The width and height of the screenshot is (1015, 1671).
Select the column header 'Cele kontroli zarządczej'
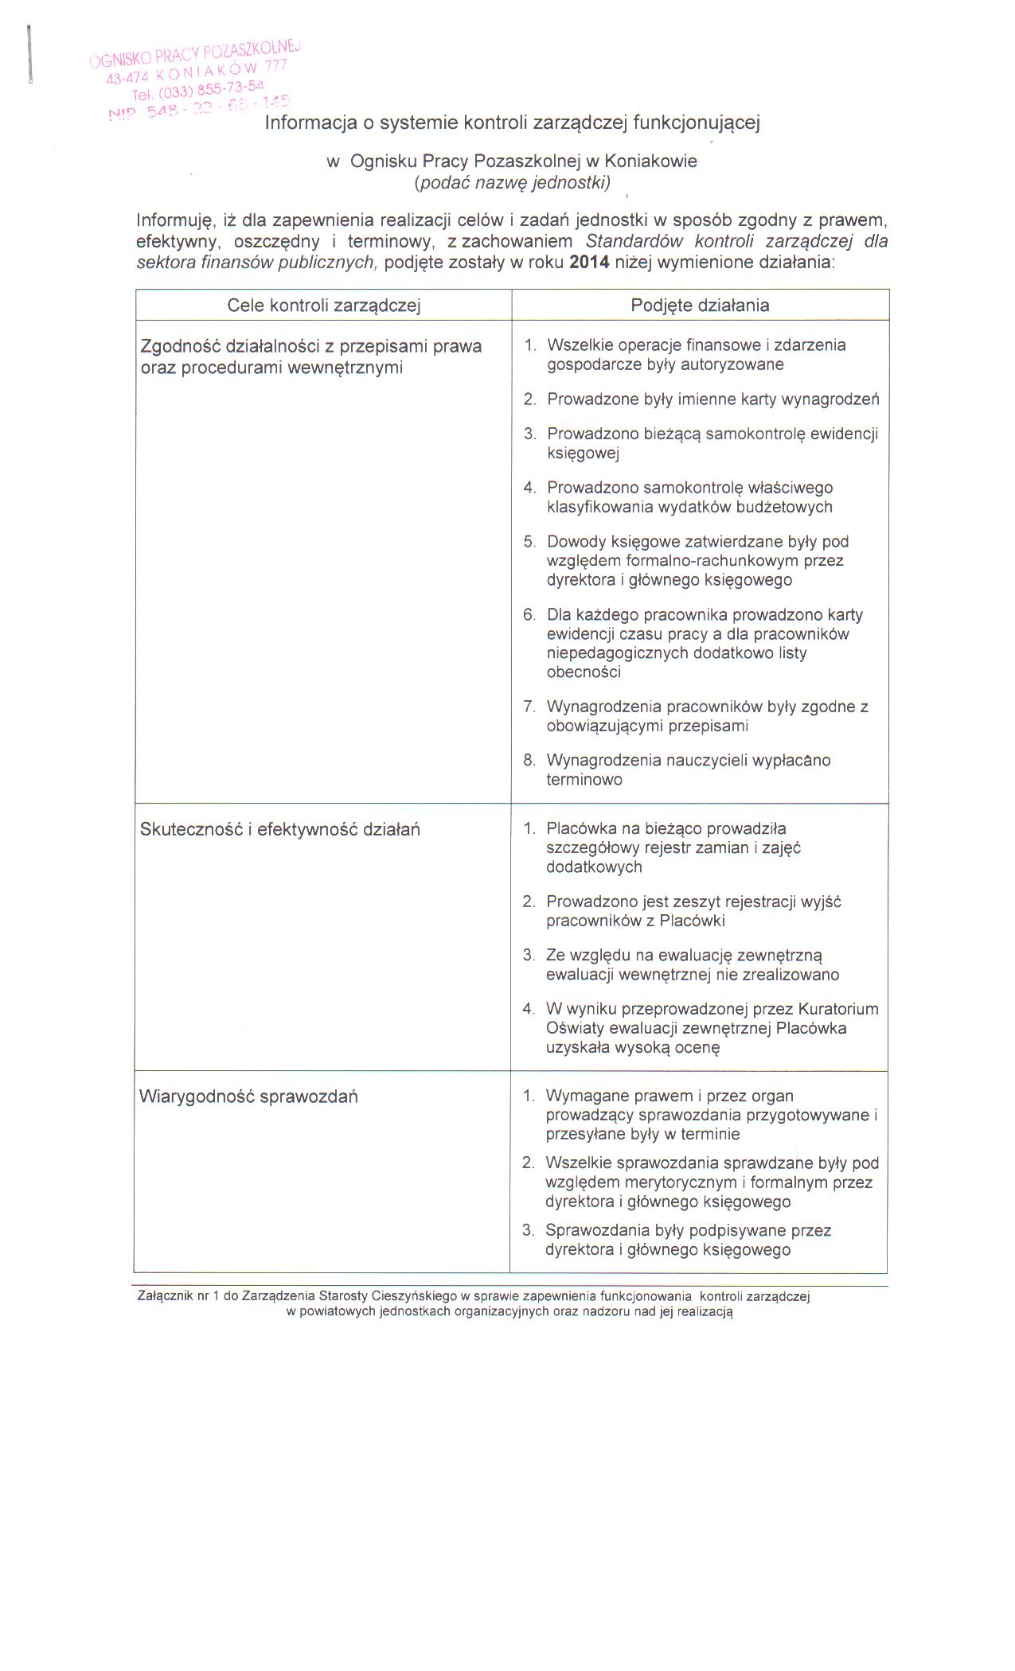[324, 306]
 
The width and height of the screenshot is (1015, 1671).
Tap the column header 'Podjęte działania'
[700, 306]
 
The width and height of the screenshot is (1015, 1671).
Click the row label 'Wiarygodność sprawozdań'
[248, 1096]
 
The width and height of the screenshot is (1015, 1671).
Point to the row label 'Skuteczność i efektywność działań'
[280, 829]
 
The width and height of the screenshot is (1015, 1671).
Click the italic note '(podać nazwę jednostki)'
[513, 182]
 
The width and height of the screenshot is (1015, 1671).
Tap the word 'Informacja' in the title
[306, 123]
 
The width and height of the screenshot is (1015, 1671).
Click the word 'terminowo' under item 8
[584, 780]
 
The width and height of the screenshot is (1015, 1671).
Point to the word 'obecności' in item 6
[584, 672]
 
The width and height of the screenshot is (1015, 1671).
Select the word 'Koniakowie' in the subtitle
[650, 161]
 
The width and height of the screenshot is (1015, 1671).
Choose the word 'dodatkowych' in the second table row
[594, 867]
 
